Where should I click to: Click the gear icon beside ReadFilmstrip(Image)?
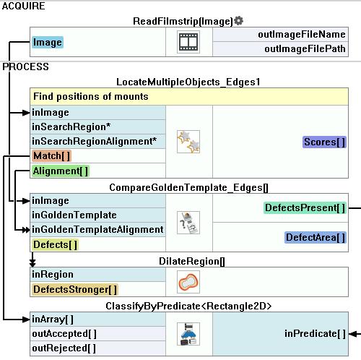coord(238,21)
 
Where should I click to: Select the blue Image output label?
coord(48,43)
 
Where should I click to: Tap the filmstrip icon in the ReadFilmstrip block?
coord(188,42)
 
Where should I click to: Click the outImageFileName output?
coord(302,35)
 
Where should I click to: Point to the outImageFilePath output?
coord(305,49)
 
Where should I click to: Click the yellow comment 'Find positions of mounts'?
coord(91,97)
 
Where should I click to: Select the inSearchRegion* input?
coord(71,127)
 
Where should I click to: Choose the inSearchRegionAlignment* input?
coord(95,141)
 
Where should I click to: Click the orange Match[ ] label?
coord(51,156)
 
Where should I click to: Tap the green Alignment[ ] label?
coord(61,171)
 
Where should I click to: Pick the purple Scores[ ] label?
coord(324,142)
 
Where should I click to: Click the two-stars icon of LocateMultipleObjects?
coord(188,142)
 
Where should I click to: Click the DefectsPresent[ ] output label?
coord(305,207)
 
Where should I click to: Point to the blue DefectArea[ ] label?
coord(316,238)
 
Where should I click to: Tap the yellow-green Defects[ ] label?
coord(55,245)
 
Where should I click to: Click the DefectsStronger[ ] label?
coord(75,290)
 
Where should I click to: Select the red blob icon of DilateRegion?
coord(188,282)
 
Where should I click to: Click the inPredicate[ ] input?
coord(315,334)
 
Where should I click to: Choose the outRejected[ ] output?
coord(64,348)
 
